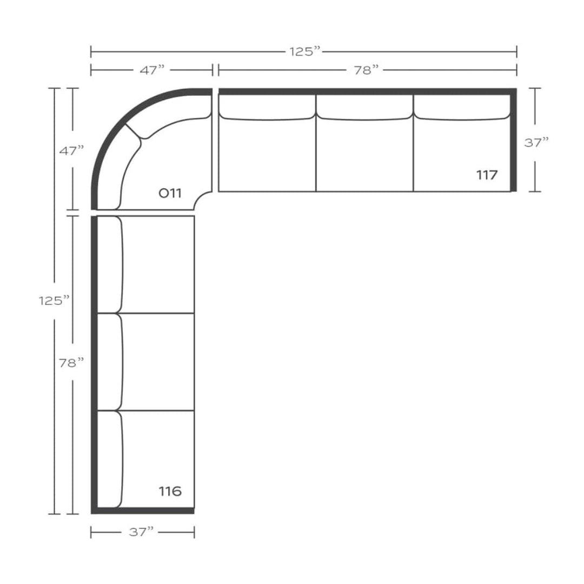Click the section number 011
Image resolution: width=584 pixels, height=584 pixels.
point(170,193)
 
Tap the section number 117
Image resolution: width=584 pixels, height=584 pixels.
point(487,175)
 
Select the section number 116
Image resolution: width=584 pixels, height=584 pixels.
point(170,491)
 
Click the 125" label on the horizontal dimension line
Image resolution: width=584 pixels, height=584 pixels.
point(305,51)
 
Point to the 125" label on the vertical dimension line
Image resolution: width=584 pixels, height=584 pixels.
point(55,301)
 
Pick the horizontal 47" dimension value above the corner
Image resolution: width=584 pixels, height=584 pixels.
point(152,70)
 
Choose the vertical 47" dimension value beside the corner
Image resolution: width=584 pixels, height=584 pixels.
point(72,151)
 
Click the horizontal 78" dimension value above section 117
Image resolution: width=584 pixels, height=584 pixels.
point(366,70)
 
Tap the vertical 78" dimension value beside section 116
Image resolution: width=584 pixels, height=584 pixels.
point(71,362)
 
